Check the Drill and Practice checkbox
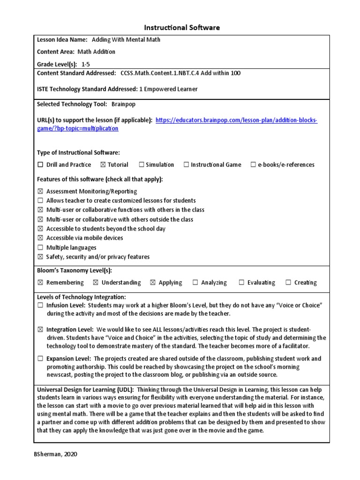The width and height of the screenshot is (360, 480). (40, 165)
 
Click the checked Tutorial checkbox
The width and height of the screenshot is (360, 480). (103, 165)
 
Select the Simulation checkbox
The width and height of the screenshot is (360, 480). (142, 165)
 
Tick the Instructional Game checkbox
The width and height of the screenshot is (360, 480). (186, 165)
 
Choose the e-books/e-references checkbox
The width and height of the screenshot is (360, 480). (253, 165)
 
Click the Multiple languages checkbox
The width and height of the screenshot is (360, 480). (40, 247)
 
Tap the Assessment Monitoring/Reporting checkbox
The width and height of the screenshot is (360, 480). (40, 191)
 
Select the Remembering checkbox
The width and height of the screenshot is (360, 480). (40, 283)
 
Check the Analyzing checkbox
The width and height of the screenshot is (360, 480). (195, 283)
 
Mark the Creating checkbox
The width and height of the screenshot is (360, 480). (288, 283)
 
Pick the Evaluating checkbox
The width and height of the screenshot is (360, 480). (241, 283)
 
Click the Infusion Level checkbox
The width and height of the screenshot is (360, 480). (40, 305)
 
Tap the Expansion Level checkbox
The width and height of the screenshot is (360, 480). (40, 359)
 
